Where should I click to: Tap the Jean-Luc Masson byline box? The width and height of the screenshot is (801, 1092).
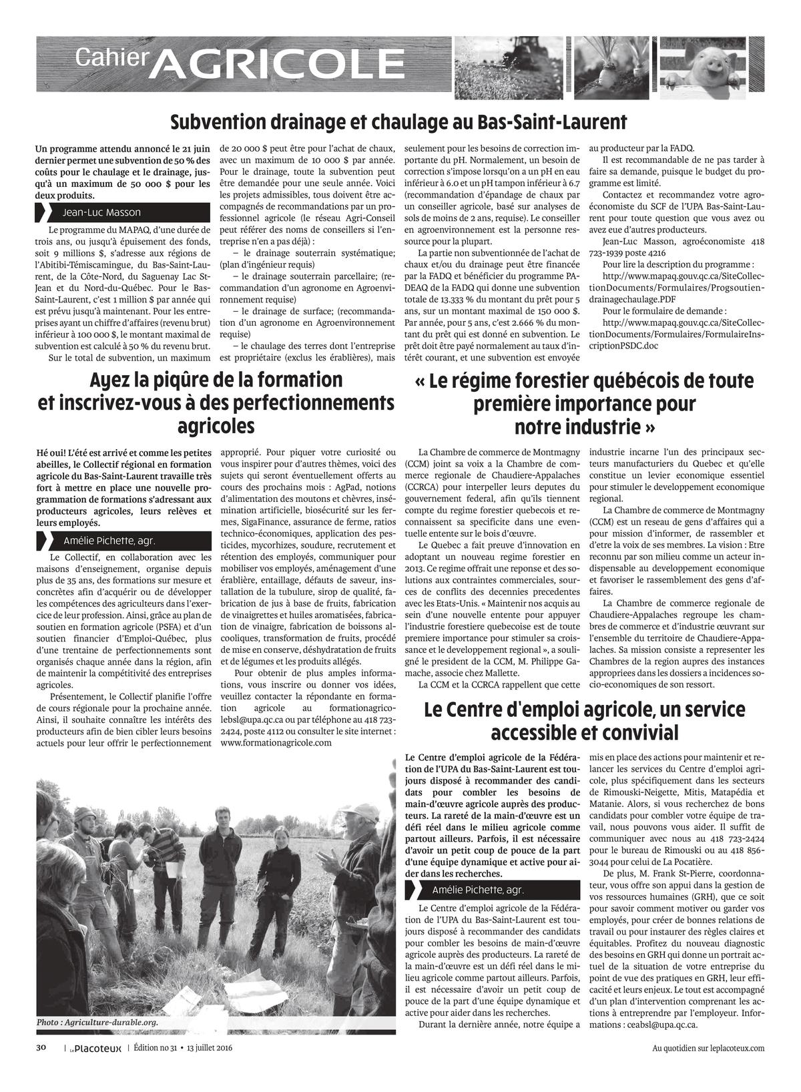100,212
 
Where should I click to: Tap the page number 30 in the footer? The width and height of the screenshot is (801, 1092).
41,1047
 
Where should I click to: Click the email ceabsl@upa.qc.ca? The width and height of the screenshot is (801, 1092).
663,1025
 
